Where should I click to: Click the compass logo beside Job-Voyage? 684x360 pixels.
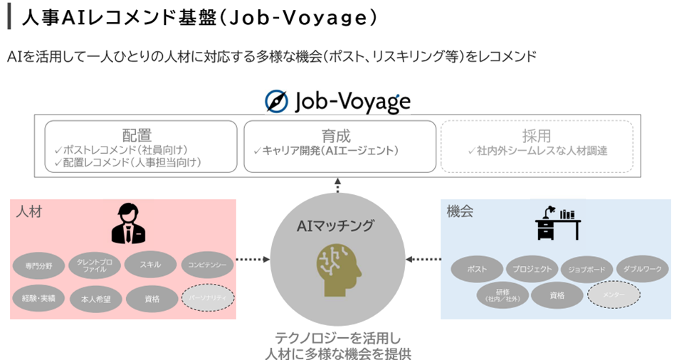click(277, 102)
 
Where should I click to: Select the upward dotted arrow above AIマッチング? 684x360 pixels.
click(337, 185)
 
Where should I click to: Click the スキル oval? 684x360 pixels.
click(150, 265)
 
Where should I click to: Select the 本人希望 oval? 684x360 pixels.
click(95, 298)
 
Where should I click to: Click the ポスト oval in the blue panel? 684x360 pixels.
click(477, 269)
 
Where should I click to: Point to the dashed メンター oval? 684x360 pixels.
click(614, 294)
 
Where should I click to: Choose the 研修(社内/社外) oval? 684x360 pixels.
click(503, 295)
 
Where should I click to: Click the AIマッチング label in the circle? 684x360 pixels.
click(337, 226)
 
